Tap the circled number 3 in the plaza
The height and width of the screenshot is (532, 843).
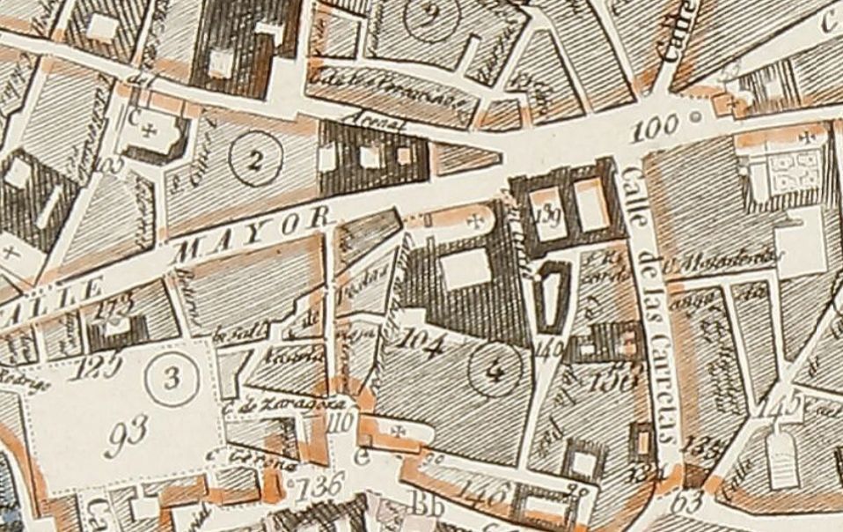pos(171,380)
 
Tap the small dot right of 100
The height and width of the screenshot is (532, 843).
pos(697,116)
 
